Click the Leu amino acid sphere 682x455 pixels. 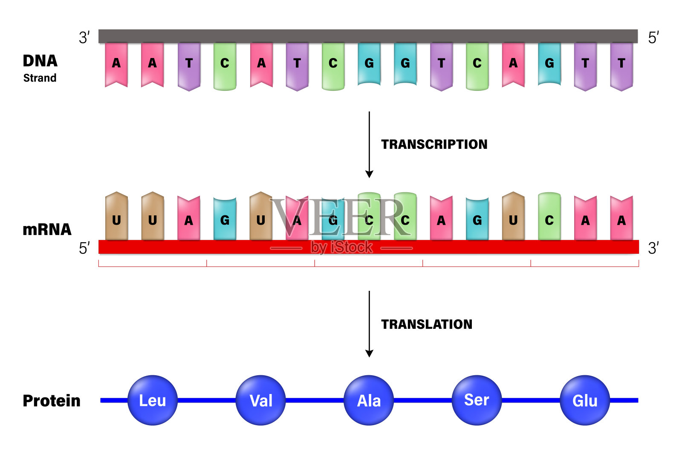152,400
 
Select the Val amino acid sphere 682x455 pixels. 260,400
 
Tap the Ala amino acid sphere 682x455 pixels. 369,400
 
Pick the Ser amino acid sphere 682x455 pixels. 477,400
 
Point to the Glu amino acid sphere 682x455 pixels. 585,400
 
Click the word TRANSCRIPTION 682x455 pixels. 434,145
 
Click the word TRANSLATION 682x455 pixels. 427,325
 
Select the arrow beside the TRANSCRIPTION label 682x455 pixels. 369,145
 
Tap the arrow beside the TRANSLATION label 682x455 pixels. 369,324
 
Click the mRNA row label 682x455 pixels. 47,229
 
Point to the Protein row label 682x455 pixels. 52,401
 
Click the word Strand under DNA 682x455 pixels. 40,78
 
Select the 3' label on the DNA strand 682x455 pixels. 84,38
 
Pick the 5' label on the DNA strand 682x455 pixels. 653,38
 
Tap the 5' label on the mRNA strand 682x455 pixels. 84,248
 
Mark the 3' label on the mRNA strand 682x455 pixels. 653,248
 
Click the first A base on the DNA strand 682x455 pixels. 116,64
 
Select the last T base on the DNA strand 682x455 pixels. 621,64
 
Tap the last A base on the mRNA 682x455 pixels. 621,219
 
